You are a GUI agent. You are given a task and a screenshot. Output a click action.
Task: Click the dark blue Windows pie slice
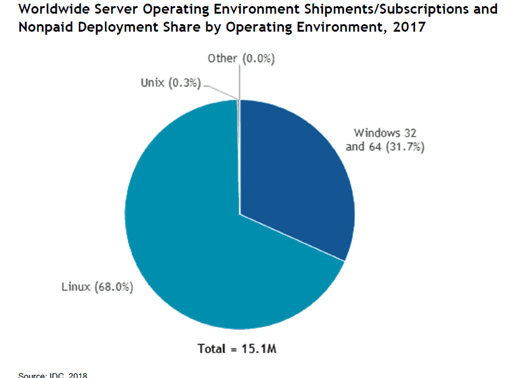click(x=292, y=180)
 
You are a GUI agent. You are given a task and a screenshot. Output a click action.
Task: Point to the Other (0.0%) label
click(x=241, y=58)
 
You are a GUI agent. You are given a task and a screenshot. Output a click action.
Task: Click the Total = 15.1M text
click(x=237, y=348)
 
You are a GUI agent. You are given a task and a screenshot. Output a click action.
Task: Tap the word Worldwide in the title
click(x=48, y=9)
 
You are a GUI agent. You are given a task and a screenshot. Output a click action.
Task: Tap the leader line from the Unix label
click(x=221, y=90)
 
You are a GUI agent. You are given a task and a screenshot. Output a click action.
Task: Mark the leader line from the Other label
click(x=239, y=81)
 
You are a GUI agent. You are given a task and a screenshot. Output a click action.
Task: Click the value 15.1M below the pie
click(x=260, y=348)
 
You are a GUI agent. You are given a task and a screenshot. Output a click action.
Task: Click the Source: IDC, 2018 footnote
click(x=53, y=375)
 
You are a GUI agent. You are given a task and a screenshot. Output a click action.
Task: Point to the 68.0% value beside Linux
click(x=114, y=287)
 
